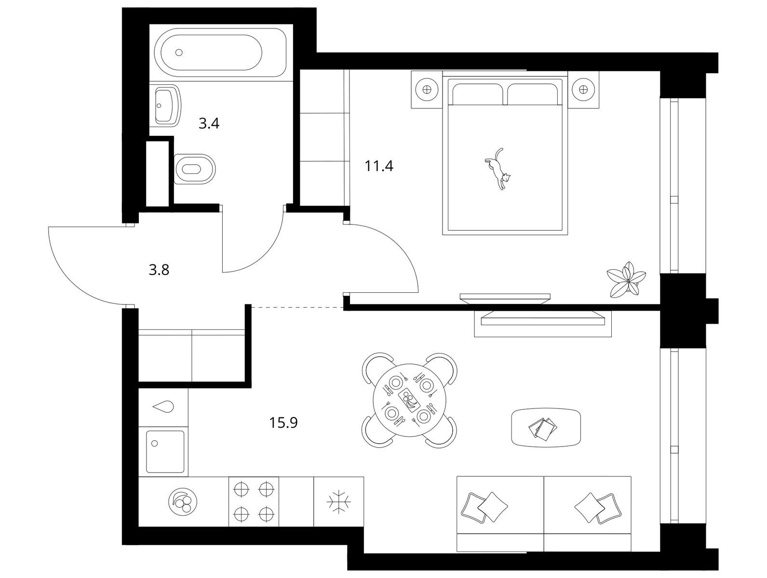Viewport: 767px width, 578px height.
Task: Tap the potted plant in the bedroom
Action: click(627, 279)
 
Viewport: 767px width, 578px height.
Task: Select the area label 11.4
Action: click(379, 166)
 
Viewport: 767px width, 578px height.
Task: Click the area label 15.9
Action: click(283, 423)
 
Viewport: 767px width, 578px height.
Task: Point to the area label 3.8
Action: click(159, 270)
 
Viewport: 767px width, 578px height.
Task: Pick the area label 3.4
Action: click(209, 124)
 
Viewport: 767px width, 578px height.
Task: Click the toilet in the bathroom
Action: click(194, 169)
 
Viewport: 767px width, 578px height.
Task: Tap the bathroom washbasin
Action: click(168, 105)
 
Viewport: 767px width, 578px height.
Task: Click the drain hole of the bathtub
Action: click(179, 53)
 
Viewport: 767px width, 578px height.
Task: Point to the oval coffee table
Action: click(546, 427)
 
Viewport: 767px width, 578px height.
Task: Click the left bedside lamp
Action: click(427, 90)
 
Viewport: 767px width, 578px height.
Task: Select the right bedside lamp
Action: click(583, 90)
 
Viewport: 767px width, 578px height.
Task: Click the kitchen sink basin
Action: click(165, 452)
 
